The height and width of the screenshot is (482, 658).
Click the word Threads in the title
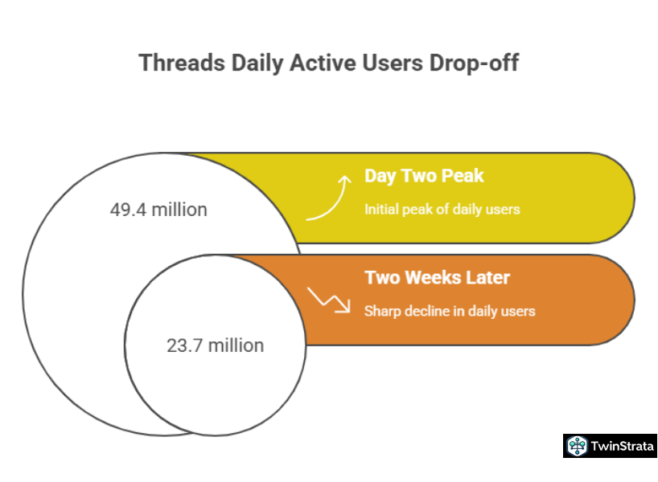pos(182,63)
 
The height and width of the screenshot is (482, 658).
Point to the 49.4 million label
pos(158,210)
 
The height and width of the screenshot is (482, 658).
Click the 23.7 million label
pos(216,345)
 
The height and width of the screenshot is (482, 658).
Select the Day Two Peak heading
pos(424,176)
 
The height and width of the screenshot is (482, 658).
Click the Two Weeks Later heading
pos(438,277)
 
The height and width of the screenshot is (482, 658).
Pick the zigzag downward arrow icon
pos(328,300)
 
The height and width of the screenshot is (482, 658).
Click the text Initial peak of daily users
pos(442,209)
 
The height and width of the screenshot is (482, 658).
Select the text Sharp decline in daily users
pos(450,311)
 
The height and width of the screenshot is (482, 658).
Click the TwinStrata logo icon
pos(577,446)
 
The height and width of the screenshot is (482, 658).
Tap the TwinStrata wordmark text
pos(623,446)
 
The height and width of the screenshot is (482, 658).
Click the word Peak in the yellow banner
pos(463,176)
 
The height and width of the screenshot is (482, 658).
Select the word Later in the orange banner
pos(487,277)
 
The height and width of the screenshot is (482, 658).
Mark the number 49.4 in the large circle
pos(128,210)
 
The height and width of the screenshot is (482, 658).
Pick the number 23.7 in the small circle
pos(185,345)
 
